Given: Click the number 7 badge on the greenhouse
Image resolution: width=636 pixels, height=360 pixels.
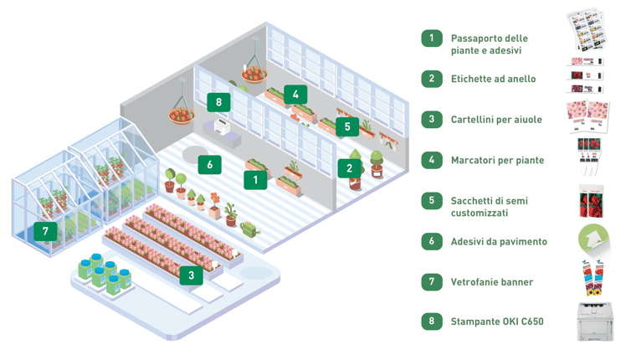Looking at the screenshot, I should click(x=46, y=230).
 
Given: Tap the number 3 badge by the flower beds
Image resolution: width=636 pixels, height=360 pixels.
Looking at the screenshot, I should click(x=191, y=275).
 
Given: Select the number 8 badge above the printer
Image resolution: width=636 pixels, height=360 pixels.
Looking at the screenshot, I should click(x=218, y=102).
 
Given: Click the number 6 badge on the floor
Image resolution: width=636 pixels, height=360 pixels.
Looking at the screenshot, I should click(x=209, y=164).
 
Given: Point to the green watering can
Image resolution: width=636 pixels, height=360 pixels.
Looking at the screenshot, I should click(x=250, y=227).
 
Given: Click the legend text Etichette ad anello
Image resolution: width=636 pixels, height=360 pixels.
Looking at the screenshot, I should click(x=493, y=79).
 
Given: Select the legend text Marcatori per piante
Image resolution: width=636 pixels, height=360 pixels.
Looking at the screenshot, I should click(x=497, y=160).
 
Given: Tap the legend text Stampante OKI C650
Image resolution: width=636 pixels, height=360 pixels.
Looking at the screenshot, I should click(x=496, y=321).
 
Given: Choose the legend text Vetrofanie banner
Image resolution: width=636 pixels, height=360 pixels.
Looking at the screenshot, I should click(x=491, y=282).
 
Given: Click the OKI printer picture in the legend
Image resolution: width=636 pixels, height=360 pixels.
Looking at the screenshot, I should click(x=594, y=321).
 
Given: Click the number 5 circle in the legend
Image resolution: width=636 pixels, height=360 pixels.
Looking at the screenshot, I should click(x=432, y=200).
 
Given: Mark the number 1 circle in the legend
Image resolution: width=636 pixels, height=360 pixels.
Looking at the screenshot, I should click(x=432, y=38).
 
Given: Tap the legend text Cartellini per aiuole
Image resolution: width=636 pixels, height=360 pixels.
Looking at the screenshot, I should click(x=495, y=120).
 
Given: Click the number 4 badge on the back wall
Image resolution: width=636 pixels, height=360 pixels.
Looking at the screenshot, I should click(x=295, y=95).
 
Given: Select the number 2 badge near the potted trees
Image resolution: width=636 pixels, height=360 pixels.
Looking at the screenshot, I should click(x=349, y=167).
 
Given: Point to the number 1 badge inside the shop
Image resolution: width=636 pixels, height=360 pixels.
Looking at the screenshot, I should click(x=255, y=178).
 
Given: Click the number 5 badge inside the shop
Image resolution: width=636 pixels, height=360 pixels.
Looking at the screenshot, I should click(x=346, y=127).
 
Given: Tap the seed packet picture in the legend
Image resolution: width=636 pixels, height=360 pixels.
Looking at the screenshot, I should click(x=591, y=202).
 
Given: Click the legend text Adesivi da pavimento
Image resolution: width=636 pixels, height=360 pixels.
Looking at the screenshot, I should click(x=499, y=241).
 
